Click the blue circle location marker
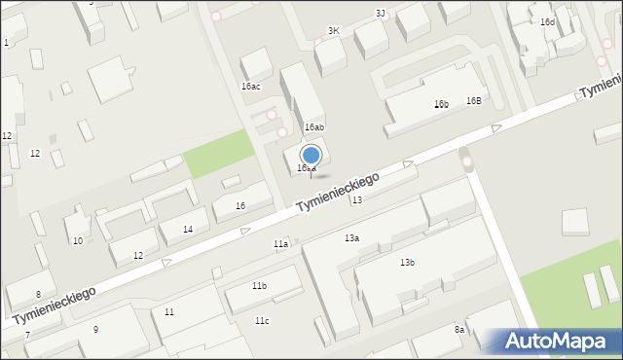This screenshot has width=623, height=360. (x=311, y=156)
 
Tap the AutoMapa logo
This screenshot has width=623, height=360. (x=553, y=341)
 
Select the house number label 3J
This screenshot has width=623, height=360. (x=381, y=13)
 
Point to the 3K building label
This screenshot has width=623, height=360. (x=334, y=31)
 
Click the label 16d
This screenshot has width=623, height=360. (x=548, y=22)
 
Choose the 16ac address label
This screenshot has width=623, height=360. (x=251, y=87)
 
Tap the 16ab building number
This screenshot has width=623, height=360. (x=313, y=127)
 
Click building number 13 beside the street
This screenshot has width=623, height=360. (x=357, y=199)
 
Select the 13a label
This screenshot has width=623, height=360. (x=351, y=238)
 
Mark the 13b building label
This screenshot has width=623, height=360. (x=407, y=263)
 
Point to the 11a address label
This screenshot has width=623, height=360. (x=280, y=243)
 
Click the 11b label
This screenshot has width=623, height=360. (x=259, y=286)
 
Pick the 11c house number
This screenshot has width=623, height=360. (x=262, y=321)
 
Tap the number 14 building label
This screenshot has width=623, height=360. (x=188, y=230)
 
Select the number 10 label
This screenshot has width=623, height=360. (x=78, y=240)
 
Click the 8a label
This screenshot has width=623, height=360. (x=459, y=331)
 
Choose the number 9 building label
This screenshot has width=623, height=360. (x=95, y=330)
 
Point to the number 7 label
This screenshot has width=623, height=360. (x=27, y=336)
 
